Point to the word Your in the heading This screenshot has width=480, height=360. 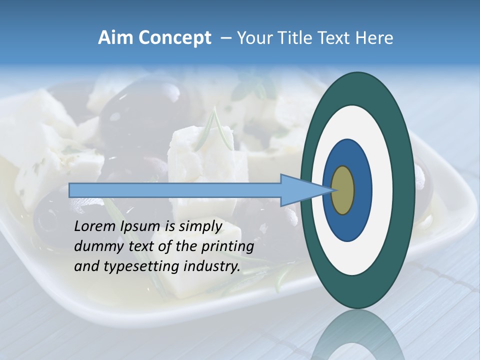coord(253,38)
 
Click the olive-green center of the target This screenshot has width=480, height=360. coord(343,190)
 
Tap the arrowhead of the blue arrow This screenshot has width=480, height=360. coord(300,190)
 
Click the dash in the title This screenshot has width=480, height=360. coord(225,38)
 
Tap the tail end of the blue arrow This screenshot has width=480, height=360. coord(72,190)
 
